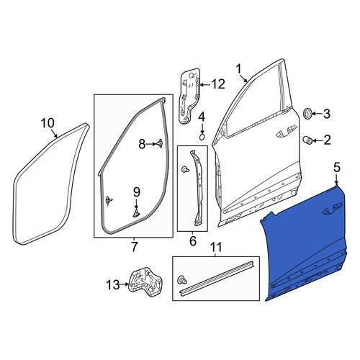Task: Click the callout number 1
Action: (x=238, y=69)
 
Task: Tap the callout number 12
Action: (x=218, y=84)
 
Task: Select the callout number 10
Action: (x=48, y=123)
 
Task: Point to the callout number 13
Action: (x=112, y=285)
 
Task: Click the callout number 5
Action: (x=337, y=168)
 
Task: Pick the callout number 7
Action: (x=134, y=247)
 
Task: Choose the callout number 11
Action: (x=215, y=247)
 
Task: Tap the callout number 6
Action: (x=193, y=240)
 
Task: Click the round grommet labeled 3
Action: (x=307, y=113)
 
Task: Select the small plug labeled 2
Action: (x=307, y=140)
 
